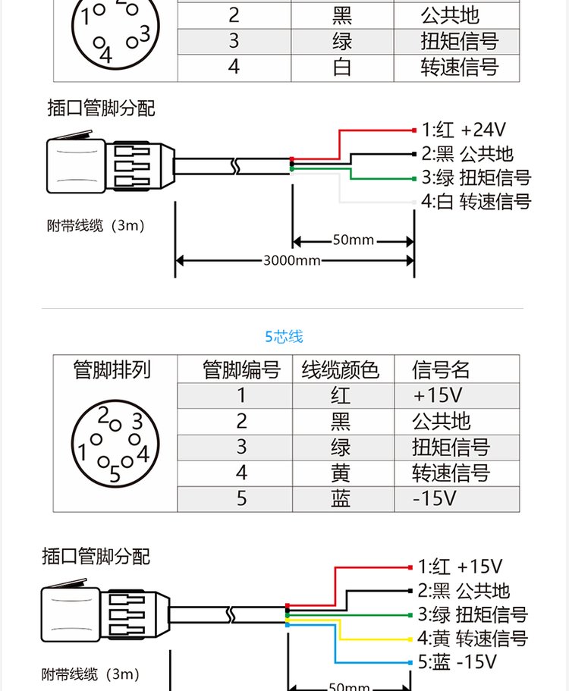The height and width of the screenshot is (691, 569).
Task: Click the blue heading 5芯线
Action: point(284,336)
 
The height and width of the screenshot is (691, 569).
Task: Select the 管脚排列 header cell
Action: point(112,370)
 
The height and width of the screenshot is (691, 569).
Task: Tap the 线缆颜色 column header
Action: point(341,370)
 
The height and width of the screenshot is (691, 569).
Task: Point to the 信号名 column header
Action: point(442,370)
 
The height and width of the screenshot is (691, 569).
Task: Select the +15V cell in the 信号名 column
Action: point(438,395)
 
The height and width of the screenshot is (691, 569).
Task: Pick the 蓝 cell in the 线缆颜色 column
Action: point(341,498)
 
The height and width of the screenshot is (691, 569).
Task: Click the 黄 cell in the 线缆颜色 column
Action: point(341,473)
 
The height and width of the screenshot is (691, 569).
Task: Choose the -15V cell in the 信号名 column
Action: point(435,498)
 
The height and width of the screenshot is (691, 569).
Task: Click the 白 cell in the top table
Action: point(341,67)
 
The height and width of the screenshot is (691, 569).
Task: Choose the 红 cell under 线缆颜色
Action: point(341,395)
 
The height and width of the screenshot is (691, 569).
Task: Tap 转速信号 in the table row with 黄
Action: point(451,473)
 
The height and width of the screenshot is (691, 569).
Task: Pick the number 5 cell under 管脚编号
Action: point(241,498)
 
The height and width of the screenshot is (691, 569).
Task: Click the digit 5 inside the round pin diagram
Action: point(115,476)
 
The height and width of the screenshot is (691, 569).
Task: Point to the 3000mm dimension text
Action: point(292,261)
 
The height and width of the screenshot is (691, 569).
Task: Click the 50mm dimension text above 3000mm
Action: point(353,240)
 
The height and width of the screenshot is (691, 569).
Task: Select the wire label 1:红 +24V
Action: point(464,129)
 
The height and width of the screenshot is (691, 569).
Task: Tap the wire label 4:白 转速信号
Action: point(476,202)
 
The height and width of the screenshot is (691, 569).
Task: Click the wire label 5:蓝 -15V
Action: point(457,662)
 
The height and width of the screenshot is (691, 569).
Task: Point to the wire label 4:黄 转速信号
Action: point(472,638)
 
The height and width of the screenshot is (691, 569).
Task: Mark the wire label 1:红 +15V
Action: point(460,566)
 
